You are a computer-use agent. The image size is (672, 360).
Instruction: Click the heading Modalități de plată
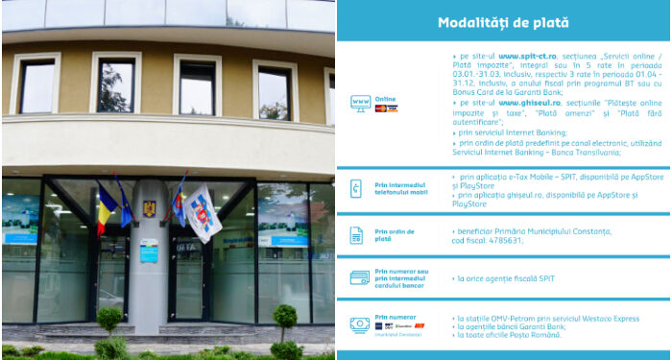tap(503, 22)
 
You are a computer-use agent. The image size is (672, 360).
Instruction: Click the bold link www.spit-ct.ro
tap(522, 57)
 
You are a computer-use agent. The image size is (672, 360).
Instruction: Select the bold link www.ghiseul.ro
tap(525, 101)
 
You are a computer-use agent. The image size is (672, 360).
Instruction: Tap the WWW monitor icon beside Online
tap(361, 102)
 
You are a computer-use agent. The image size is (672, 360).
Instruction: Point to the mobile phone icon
tap(357, 188)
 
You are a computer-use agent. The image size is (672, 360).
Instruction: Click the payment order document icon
tap(357, 235)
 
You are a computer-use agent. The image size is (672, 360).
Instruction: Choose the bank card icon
tap(360, 278)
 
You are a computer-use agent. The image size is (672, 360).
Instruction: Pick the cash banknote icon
tap(360, 325)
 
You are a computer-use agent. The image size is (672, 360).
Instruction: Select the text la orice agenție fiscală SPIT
tap(509, 278)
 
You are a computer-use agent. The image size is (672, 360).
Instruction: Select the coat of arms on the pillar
tap(149, 207)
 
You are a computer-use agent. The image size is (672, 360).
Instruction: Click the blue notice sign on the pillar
tap(149, 250)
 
